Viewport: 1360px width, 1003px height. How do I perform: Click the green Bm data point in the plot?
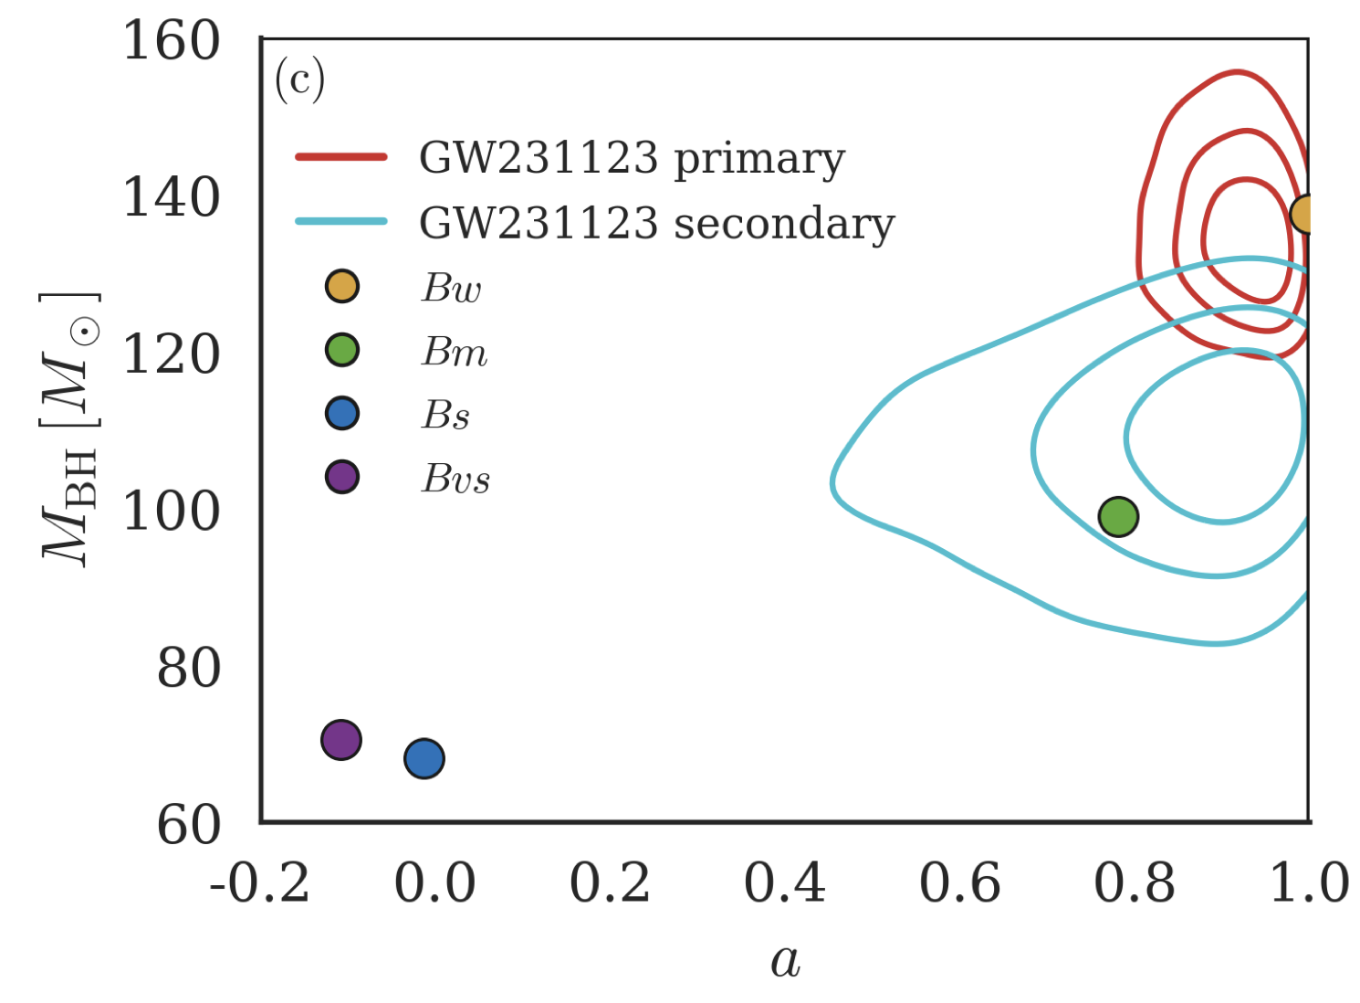(1118, 517)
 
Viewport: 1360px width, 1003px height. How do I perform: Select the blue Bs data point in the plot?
(424, 758)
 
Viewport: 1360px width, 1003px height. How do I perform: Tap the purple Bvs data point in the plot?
(341, 740)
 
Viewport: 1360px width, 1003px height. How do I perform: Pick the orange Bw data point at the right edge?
(1305, 215)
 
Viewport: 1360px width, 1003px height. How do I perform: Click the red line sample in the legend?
(341, 157)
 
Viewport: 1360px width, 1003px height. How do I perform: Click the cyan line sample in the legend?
(341, 221)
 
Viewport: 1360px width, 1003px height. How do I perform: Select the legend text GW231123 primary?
(632, 159)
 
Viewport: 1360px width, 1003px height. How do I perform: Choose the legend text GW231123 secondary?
(656, 224)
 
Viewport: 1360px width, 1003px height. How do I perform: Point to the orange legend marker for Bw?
(342, 287)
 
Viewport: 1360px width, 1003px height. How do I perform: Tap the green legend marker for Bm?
(342, 350)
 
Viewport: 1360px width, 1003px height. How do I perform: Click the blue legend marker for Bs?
(342, 414)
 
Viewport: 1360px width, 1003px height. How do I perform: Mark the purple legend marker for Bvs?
(342, 477)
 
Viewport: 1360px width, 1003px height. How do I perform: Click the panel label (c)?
(299, 80)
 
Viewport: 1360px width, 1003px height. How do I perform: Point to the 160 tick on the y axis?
(172, 42)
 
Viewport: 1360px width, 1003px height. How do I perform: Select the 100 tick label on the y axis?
(172, 512)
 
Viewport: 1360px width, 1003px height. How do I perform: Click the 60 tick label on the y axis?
(189, 826)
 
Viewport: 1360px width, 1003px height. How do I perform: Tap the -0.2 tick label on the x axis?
(260, 884)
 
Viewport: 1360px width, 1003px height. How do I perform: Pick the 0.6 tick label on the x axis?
(959, 884)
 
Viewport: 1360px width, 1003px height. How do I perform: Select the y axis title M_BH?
(69, 429)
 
